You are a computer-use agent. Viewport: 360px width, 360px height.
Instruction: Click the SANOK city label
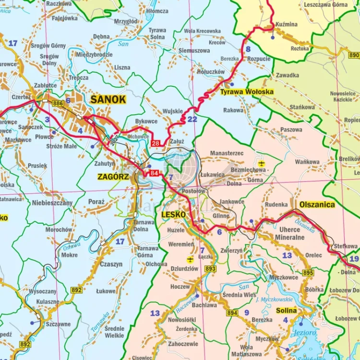click(x=108, y=100)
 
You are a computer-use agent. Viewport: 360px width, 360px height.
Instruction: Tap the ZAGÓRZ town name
click(x=113, y=177)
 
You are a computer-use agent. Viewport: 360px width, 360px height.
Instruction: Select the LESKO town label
click(x=173, y=214)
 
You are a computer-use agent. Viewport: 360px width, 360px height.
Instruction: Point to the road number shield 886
click(x=58, y=104)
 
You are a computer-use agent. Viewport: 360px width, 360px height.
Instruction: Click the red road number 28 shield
click(x=155, y=143)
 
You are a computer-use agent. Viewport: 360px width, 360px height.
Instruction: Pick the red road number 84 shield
click(x=154, y=173)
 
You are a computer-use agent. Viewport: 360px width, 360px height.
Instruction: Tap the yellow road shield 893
click(x=210, y=269)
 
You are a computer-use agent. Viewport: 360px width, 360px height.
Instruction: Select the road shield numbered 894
click(x=232, y=313)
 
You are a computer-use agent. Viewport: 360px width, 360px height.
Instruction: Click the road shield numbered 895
click(x=308, y=273)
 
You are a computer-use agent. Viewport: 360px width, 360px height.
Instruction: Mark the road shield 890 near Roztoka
click(x=354, y=55)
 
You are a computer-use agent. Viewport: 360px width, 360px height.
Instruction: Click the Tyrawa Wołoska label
click(x=247, y=92)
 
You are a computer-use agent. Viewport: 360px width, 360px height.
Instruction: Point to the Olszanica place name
click(x=317, y=204)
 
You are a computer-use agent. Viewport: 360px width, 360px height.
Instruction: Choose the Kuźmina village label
click(x=287, y=24)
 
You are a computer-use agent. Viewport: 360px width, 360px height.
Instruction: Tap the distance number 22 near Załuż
click(x=192, y=119)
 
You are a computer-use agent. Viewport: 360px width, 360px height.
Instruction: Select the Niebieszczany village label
click(x=52, y=203)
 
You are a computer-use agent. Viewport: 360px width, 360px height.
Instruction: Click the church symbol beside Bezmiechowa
click(x=261, y=164)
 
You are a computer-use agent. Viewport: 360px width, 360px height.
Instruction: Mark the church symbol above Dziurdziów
click(x=190, y=260)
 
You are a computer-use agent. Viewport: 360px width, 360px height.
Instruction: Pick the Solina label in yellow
click(x=286, y=311)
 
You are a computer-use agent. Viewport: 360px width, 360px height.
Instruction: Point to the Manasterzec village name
click(x=227, y=153)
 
